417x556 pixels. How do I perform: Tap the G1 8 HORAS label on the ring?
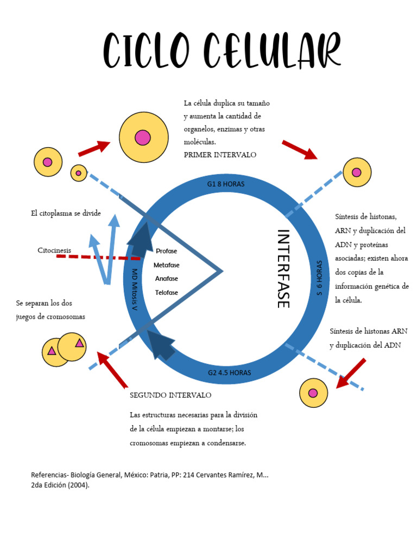(x=226, y=184)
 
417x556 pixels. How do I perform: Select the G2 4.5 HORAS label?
(x=229, y=373)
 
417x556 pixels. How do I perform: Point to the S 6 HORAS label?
(x=319, y=277)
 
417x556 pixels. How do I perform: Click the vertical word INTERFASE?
(x=283, y=268)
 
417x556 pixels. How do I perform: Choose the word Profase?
(x=166, y=251)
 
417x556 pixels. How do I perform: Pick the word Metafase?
(x=166, y=265)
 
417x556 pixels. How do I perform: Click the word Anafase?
(x=166, y=279)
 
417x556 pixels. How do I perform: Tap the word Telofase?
(x=166, y=293)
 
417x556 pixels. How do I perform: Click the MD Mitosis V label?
(x=135, y=289)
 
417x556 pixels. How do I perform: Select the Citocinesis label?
(x=54, y=250)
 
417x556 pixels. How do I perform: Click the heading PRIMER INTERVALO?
(x=220, y=155)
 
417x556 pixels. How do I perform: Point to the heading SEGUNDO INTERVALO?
(x=170, y=395)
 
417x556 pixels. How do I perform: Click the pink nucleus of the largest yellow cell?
(x=143, y=137)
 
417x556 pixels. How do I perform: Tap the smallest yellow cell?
(x=79, y=173)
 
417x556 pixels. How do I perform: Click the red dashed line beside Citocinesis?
(x=98, y=257)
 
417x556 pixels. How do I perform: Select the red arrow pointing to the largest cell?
(x=94, y=148)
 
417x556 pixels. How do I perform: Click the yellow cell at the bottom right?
(x=313, y=393)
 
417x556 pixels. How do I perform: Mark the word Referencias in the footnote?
(x=49, y=475)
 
